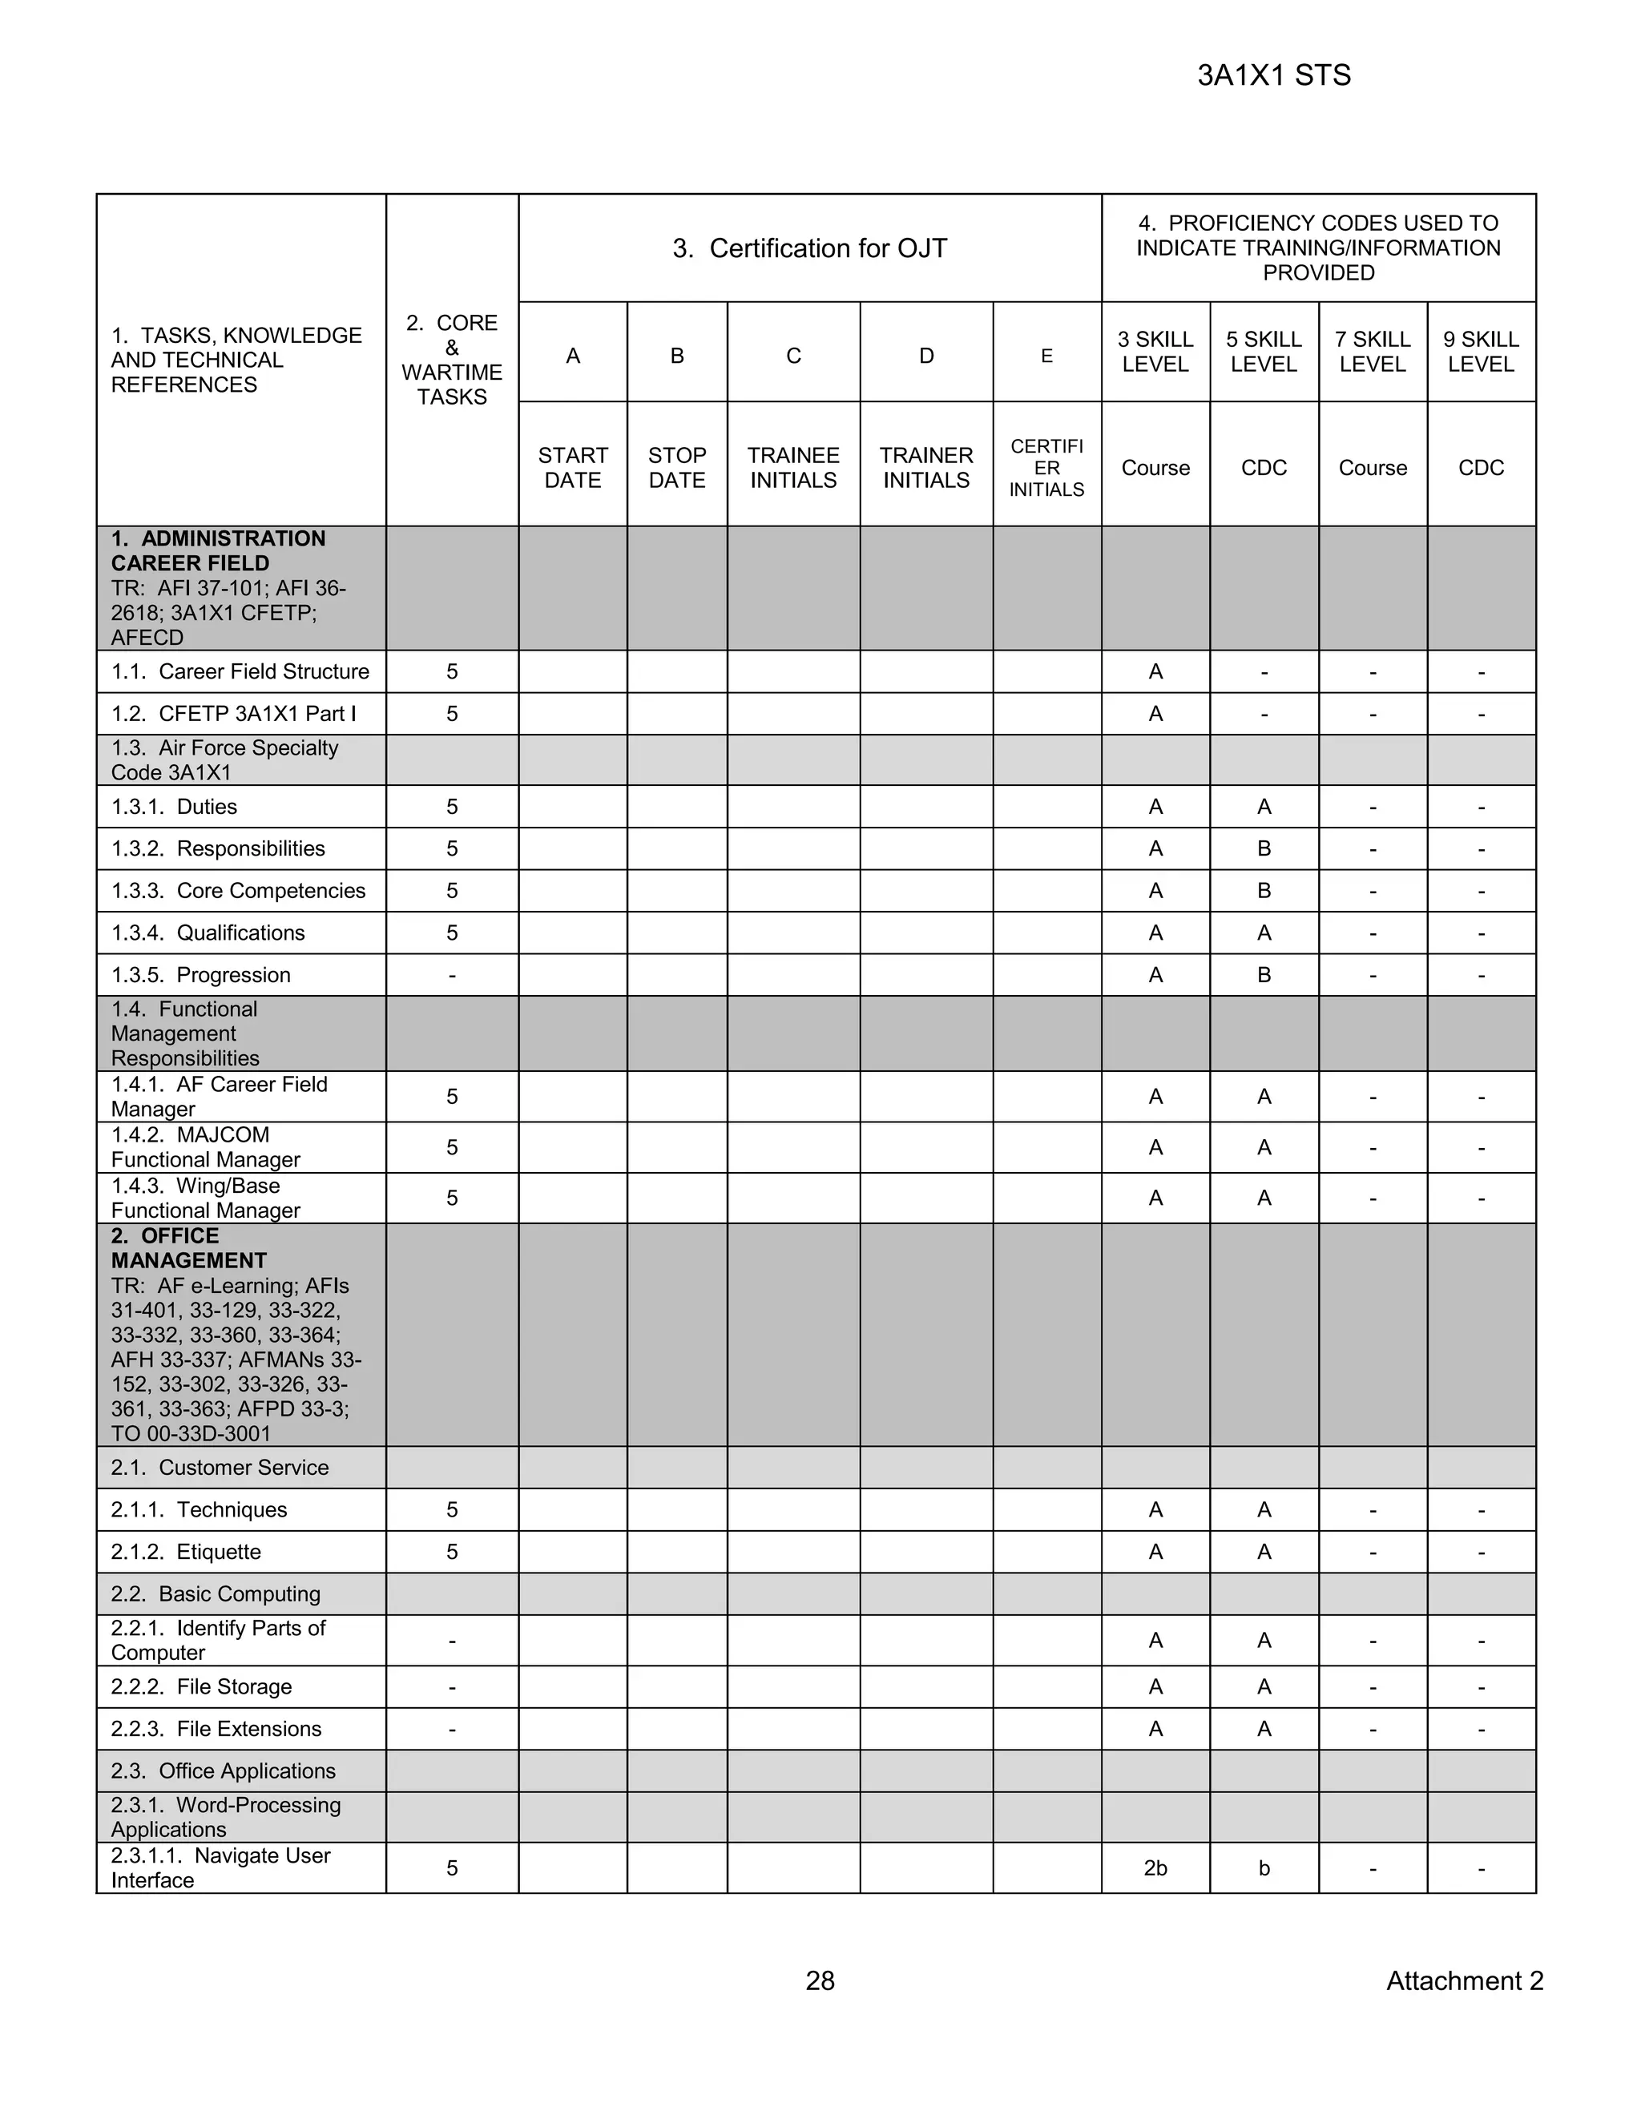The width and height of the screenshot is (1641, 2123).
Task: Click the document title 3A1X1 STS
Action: point(1273,76)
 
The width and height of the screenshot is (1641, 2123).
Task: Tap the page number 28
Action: point(820,1980)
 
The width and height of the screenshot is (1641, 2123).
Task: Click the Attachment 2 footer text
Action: point(1464,1980)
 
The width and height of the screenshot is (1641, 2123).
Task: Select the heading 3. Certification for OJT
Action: point(810,249)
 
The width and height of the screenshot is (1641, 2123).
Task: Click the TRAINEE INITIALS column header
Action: point(793,468)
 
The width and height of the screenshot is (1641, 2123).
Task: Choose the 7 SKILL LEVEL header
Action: point(1372,352)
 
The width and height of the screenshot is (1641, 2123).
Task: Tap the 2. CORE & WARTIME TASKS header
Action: point(452,360)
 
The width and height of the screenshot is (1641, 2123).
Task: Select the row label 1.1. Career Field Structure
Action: point(240,671)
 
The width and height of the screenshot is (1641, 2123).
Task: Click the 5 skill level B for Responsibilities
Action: point(1264,848)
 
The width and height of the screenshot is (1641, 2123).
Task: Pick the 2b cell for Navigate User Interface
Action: point(1155,1868)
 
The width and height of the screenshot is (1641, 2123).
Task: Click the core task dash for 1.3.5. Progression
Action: point(452,975)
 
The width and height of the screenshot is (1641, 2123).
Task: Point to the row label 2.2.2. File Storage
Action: point(201,1686)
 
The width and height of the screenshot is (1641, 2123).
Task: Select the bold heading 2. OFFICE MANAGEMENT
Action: point(188,1248)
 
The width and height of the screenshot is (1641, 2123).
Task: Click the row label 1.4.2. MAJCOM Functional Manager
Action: point(206,1147)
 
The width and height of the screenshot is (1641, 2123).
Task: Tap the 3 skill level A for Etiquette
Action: point(1155,1552)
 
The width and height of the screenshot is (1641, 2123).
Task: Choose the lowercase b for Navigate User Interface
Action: point(1264,1868)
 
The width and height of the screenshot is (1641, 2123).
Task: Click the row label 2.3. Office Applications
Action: point(223,1771)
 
